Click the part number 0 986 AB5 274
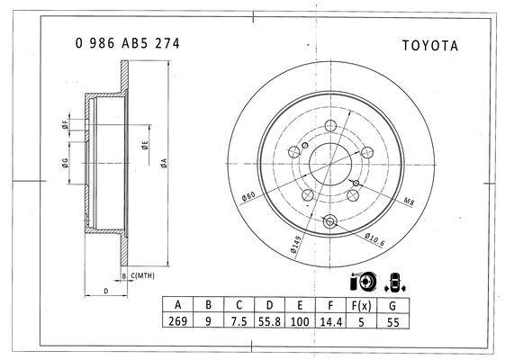(x=127, y=43)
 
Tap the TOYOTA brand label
(x=430, y=46)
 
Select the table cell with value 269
(x=177, y=320)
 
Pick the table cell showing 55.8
(x=269, y=321)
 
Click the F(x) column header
(x=361, y=305)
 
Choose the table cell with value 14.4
(x=330, y=321)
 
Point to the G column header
(x=392, y=306)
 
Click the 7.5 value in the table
(x=239, y=321)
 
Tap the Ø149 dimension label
(x=295, y=244)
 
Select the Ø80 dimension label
(x=248, y=196)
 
